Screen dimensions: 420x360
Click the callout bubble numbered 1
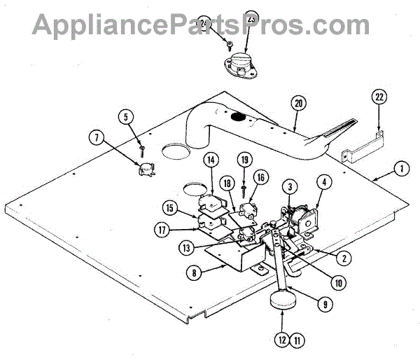tap(400, 169)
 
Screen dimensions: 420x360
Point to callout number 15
tap(170, 209)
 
